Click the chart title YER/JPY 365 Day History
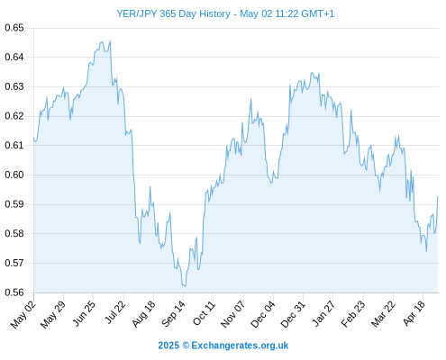coord(173,13)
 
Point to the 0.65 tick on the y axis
coord(14,28)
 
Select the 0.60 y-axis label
coord(14,175)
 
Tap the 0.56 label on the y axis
coord(14,292)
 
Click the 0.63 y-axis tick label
coord(14,86)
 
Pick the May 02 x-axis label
coord(23,314)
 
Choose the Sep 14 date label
coord(173,314)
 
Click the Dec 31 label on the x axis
coord(293,314)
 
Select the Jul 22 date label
coord(115,312)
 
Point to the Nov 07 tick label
coord(232,314)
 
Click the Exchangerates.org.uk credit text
coord(240,346)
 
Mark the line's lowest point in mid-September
coord(184,286)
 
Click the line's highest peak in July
coord(110,40)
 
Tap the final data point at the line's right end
coord(438,196)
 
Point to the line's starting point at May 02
coord(33,138)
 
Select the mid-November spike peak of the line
coord(250,99)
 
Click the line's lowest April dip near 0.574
coord(426,251)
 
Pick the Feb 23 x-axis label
coord(353,314)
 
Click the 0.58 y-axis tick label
coord(14,233)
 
